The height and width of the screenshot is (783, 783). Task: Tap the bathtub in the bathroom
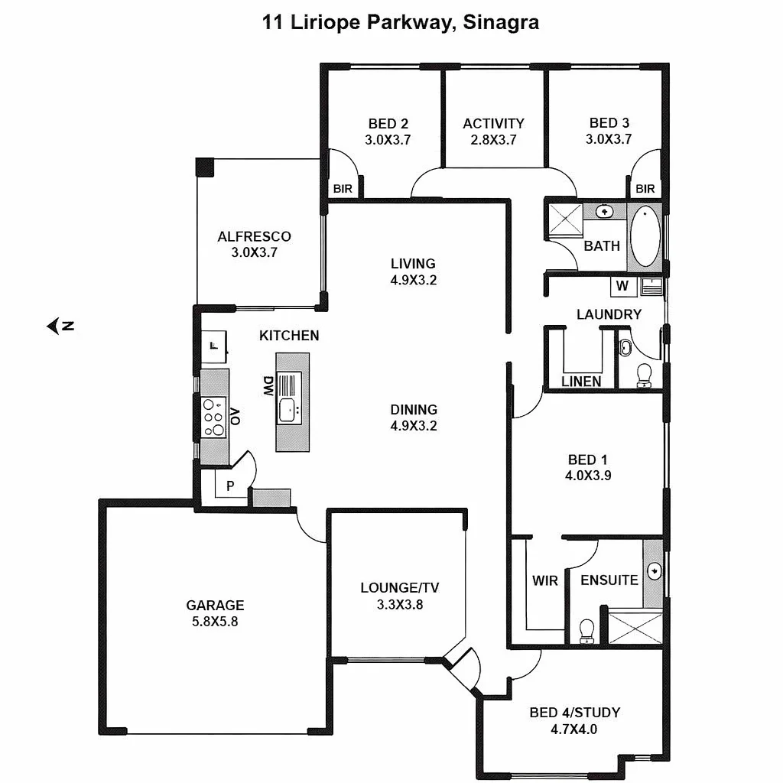[x=645, y=236]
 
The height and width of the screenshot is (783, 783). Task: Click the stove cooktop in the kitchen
[x=213, y=417]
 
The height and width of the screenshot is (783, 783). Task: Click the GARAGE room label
[x=215, y=606]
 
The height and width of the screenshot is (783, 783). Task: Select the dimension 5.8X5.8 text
[x=215, y=622]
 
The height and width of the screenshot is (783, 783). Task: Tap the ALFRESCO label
[x=254, y=236]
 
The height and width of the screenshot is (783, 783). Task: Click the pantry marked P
[x=230, y=486]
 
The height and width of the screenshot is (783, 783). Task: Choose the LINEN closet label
[x=581, y=382]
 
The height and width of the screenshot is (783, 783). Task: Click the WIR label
[x=545, y=580]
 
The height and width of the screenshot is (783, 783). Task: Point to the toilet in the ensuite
[x=587, y=630]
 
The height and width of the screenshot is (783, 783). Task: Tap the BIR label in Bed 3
[x=645, y=189]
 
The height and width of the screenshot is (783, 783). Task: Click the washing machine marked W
[x=622, y=286]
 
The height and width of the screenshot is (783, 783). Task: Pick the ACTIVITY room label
[x=493, y=123]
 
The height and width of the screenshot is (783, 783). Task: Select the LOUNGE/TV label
[x=400, y=588]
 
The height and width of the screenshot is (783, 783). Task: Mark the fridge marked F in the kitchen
[x=215, y=346]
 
